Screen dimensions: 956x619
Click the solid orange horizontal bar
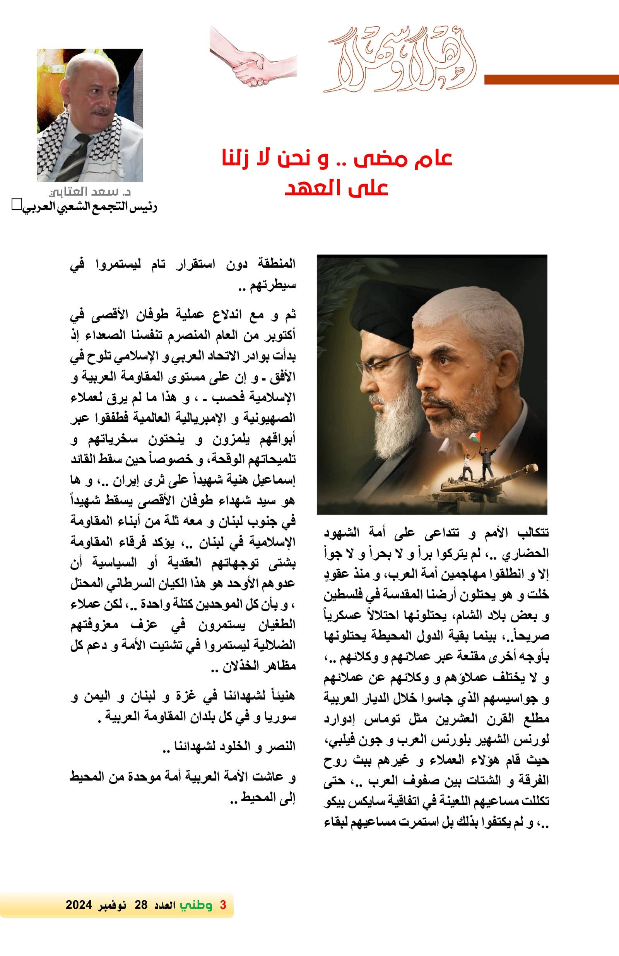pyautogui.click(x=551, y=80)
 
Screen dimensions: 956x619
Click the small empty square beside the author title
pyautogui.click(x=16, y=204)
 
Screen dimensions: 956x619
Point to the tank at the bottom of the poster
pyautogui.click(x=488, y=482)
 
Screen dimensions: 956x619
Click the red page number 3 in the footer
pyautogui.click(x=223, y=905)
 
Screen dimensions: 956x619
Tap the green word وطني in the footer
pyautogui.click(x=196, y=905)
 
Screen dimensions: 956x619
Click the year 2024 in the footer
pyautogui.click(x=79, y=905)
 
